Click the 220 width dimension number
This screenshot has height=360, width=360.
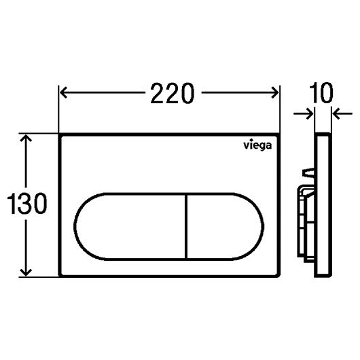tap(173, 93)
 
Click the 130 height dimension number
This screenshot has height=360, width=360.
tap(27, 204)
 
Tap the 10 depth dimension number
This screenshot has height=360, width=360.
tap(321, 93)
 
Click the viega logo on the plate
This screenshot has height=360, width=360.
tap(257, 145)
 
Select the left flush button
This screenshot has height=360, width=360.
tap(130, 227)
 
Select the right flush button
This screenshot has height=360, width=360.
tap(226, 227)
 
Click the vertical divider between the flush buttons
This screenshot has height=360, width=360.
tap(186, 227)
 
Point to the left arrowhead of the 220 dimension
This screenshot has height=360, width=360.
tap(63, 93)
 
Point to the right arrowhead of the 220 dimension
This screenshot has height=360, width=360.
tap(275, 93)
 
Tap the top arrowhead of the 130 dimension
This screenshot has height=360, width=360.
tap(26, 138)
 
